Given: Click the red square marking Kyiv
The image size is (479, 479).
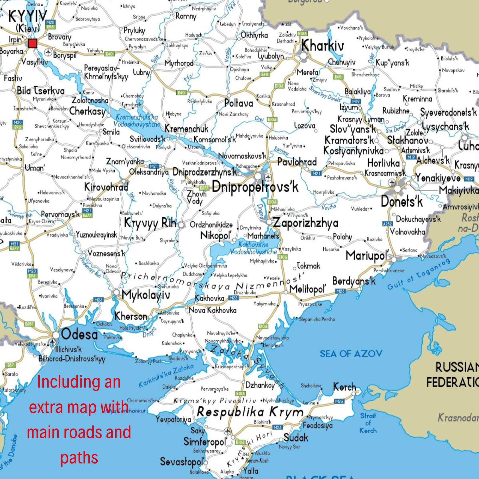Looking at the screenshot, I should tap(32, 43).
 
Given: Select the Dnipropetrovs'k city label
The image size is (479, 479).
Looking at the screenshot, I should tap(255, 187).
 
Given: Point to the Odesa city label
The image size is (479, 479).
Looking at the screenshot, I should tap(79, 334).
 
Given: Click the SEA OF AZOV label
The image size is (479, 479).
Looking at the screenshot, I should tap(351, 354).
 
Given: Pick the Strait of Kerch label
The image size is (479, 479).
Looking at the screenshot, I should tap(368, 423).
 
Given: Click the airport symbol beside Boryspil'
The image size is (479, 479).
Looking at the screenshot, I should tap(49, 52).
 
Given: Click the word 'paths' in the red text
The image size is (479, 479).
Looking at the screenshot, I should tap(79, 458).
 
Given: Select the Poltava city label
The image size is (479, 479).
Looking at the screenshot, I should tap(239, 103).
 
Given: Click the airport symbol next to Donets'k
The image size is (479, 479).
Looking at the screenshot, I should tap(392, 182).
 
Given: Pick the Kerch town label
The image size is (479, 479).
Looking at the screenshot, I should tap(344, 387).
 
